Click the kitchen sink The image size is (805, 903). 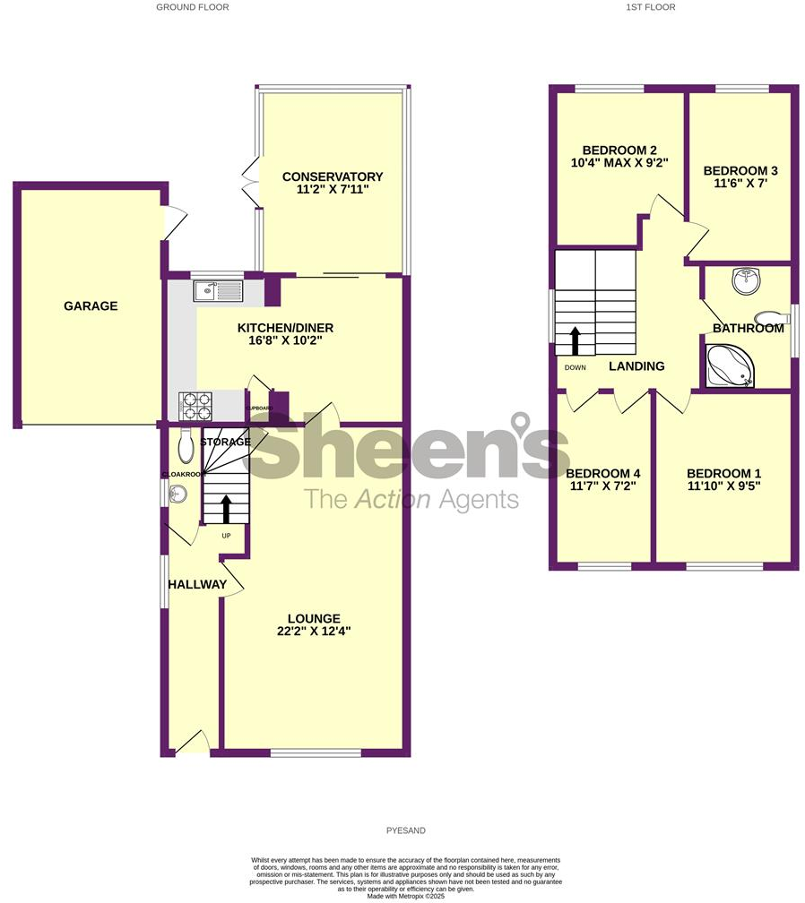tap(216, 290)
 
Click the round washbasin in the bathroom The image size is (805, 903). tap(744, 281)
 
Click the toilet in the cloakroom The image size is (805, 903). tap(186, 443)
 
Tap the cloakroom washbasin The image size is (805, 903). tap(177, 493)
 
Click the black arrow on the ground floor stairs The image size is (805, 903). tap(225, 508)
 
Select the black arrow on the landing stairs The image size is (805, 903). tap(574, 341)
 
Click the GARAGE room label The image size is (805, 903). tap(91, 306)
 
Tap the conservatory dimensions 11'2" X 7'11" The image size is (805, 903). tap(332, 190)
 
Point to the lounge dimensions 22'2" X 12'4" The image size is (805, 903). tap(314, 631)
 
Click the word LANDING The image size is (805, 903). tap(636, 365)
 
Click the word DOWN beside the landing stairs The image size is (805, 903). tap(575, 367)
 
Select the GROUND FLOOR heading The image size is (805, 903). tap(193, 7)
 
